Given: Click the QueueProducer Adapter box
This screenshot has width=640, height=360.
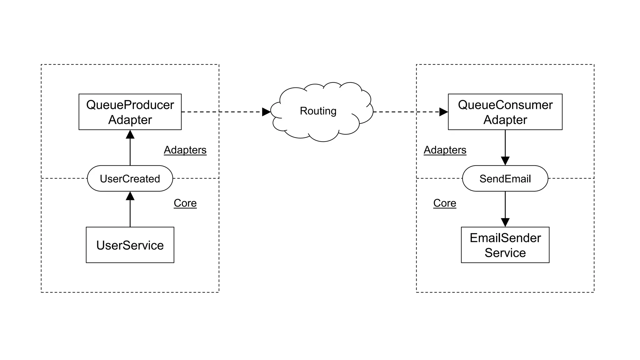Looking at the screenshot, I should click(130, 112).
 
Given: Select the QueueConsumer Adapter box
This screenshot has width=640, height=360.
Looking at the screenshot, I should click(505, 112).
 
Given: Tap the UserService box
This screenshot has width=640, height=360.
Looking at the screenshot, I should click(130, 245).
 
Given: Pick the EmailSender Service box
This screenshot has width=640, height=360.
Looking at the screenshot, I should click(505, 245).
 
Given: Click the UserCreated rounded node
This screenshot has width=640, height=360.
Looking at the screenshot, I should click(130, 178).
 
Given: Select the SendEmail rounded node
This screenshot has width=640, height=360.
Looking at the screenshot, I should click(505, 178).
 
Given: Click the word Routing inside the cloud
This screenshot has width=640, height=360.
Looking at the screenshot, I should click(318, 111).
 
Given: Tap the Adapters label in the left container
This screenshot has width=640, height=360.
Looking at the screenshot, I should click(185, 150).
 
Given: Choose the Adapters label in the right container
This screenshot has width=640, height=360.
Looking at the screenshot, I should click(445, 150).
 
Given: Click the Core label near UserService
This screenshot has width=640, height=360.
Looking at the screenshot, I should click(185, 203).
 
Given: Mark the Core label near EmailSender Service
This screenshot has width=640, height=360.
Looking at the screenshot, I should click(445, 203).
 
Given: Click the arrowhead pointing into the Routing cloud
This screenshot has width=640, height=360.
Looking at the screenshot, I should click(266, 112).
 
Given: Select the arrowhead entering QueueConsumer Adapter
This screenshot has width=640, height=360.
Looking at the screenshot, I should click(443, 112).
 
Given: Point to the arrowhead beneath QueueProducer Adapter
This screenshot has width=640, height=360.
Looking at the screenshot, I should click(130, 135).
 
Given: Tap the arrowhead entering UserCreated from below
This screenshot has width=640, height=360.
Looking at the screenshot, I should click(130, 196).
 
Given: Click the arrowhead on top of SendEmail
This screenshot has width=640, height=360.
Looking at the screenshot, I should click(505, 161).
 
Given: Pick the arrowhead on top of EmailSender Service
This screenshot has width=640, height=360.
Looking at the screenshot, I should click(505, 222).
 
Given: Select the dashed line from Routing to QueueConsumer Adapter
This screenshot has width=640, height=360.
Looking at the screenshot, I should click(406, 112).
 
